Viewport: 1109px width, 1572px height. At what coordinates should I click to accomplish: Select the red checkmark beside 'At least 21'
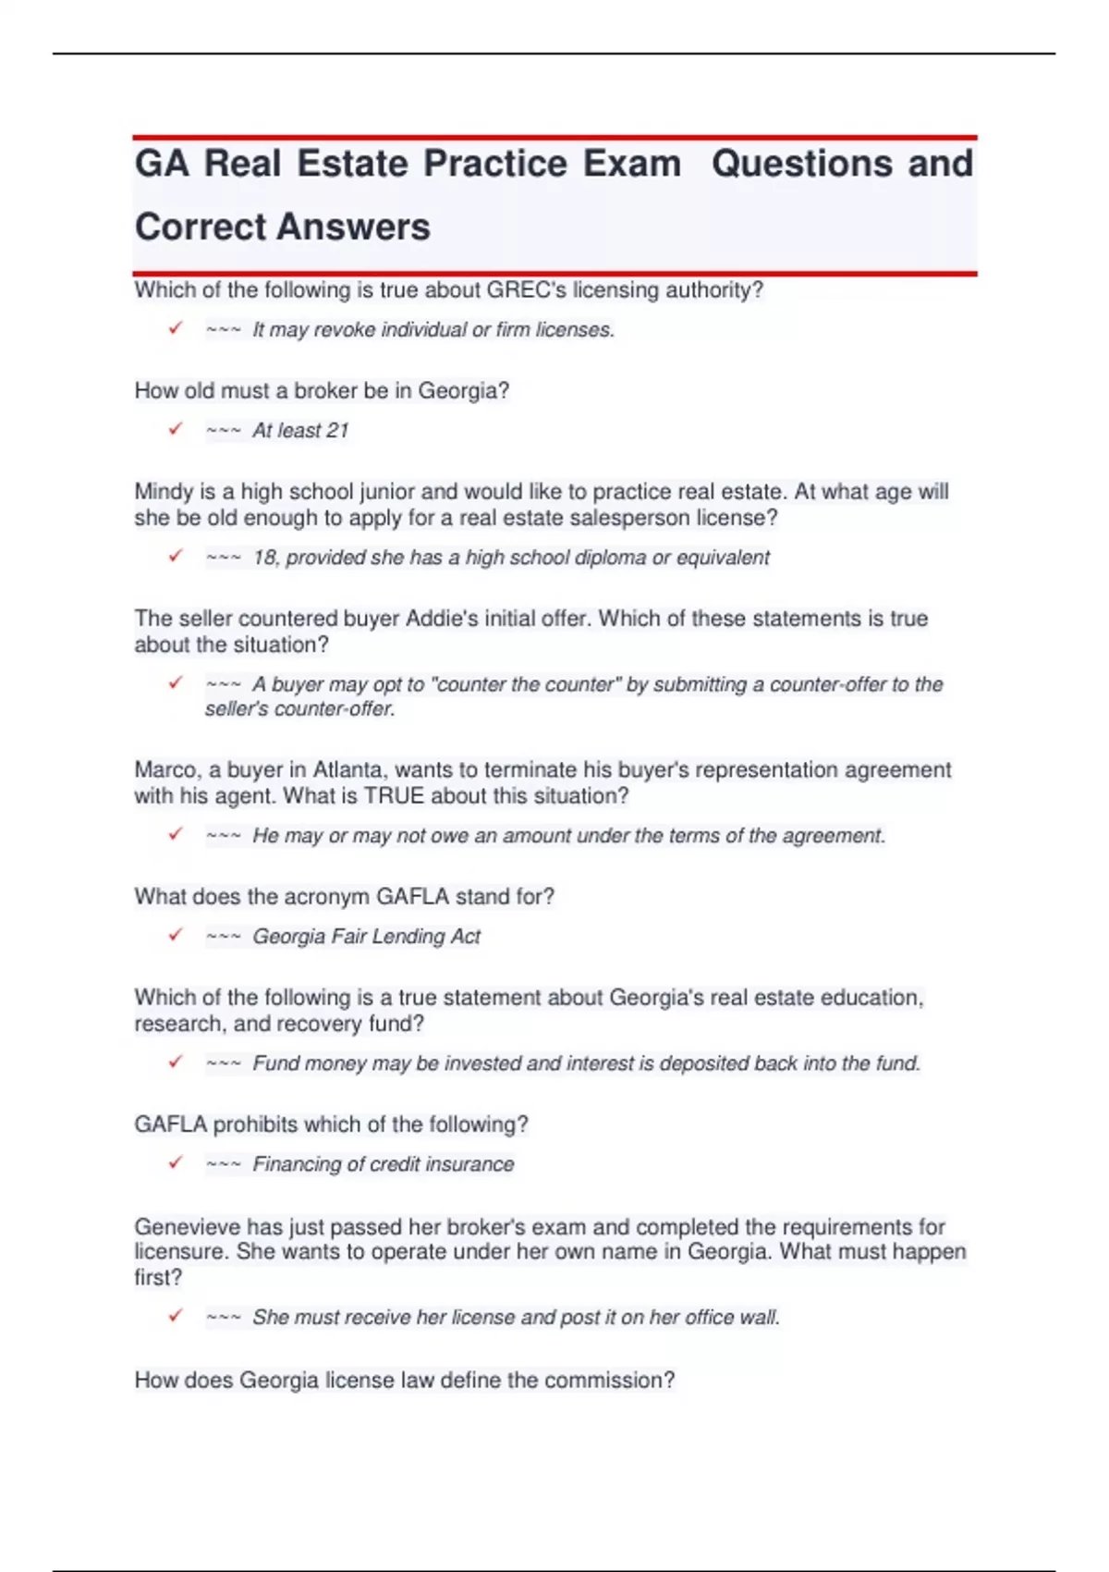click(x=176, y=429)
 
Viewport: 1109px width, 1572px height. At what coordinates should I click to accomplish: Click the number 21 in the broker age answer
click(x=337, y=431)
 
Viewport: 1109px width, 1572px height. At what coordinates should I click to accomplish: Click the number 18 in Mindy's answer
click(x=265, y=558)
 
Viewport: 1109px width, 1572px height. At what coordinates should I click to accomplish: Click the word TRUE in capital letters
click(x=395, y=796)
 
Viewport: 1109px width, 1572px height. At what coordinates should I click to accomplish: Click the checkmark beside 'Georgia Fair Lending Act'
click(x=176, y=935)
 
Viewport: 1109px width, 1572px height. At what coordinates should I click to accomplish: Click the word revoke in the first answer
click(x=345, y=330)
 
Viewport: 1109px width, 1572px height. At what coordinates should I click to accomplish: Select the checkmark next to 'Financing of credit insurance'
click(x=176, y=1162)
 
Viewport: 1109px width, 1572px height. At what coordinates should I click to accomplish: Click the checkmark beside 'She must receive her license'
click(x=176, y=1316)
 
